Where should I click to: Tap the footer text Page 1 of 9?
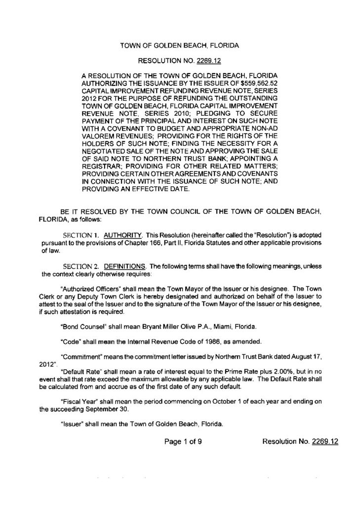click(184, 442)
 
